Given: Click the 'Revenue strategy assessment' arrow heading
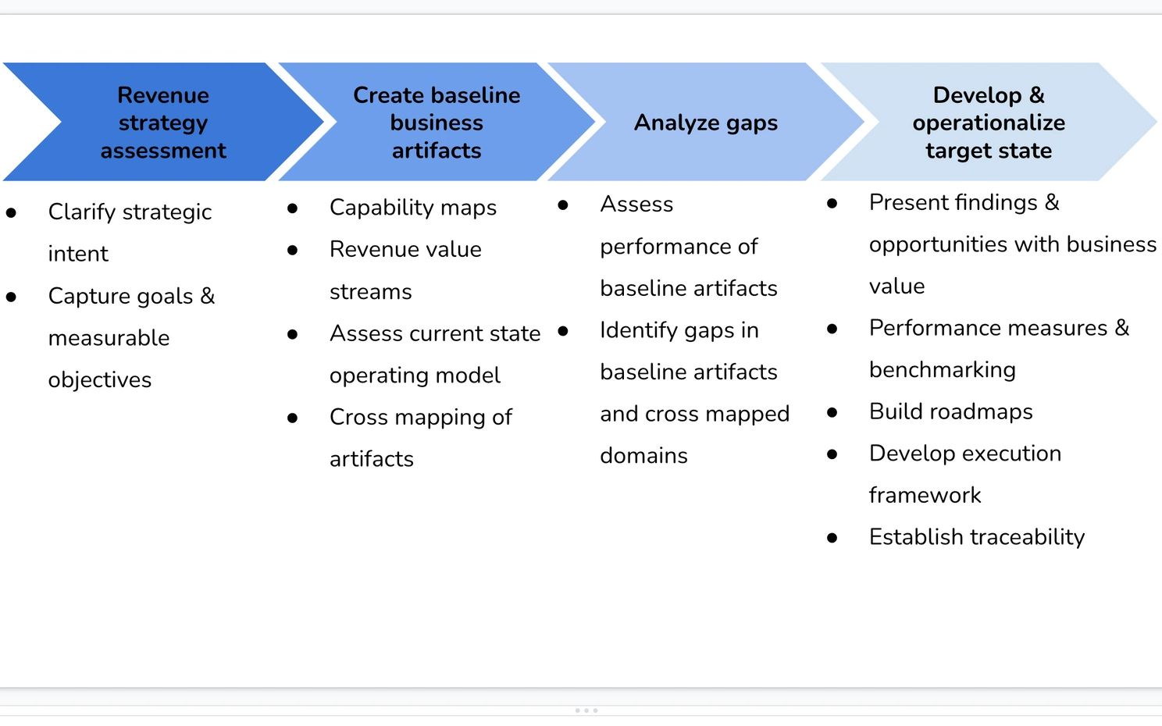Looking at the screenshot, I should pyautogui.click(x=163, y=123).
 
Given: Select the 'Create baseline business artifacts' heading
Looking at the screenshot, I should pyautogui.click(x=437, y=123).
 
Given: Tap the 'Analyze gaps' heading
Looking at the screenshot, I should pyautogui.click(x=706, y=123).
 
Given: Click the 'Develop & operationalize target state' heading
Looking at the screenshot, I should pyautogui.click(x=989, y=123).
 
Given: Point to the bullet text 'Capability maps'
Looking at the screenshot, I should pyautogui.click(x=413, y=208).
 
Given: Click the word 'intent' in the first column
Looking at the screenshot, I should pyautogui.click(x=78, y=254).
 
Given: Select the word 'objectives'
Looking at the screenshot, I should pyautogui.click(x=100, y=380).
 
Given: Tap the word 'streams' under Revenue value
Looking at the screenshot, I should pyautogui.click(x=371, y=292).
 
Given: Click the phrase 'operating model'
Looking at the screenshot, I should pyautogui.click(x=415, y=375).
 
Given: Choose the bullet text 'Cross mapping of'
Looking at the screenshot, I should pyautogui.click(x=421, y=418).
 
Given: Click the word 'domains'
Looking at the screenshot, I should pyautogui.click(x=644, y=456).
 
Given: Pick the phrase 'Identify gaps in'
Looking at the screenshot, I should pyautogui.click(x=679, y=330).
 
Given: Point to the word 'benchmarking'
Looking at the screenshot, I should pyautogui.click(x=943, y=370).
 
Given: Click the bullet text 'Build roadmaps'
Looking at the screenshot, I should pyautogui.click(x=951, y=411).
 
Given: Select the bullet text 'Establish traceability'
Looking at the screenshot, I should pyautogui.click(x=977, y=537).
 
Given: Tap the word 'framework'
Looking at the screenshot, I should pyautogui.click(x=925, y=495).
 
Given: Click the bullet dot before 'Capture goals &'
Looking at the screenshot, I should pyautogui.click(x=12, y=297).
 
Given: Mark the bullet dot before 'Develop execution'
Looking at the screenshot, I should pyautogui.click(x=832, y=454).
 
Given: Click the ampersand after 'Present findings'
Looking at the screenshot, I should pyautogui.click(x=1052, y=203).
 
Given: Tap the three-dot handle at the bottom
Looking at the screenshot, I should pyautogui.click(x=586, y=710).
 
